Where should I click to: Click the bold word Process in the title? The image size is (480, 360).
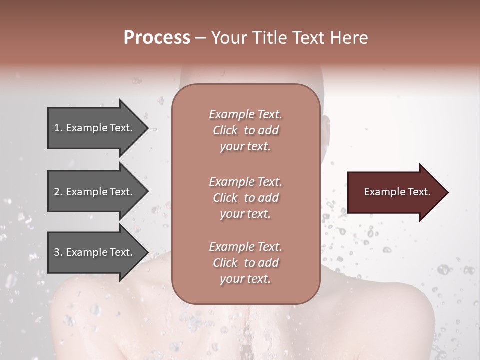tap(157, 38)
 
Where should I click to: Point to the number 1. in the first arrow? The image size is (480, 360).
tap(58, 128)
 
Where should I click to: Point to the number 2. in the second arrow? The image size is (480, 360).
tap(58, 192)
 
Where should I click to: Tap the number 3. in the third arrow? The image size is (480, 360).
tap(58, 252)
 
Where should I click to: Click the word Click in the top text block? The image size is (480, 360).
tap(225, 130)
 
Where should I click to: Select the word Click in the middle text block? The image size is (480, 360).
tap(225, 198)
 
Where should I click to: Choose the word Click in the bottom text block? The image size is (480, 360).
tap(225, 263)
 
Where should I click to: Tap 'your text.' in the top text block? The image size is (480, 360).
tap(245, 147)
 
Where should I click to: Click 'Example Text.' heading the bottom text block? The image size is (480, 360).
tap(245, 247)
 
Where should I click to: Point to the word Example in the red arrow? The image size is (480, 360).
tap(382, 192)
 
